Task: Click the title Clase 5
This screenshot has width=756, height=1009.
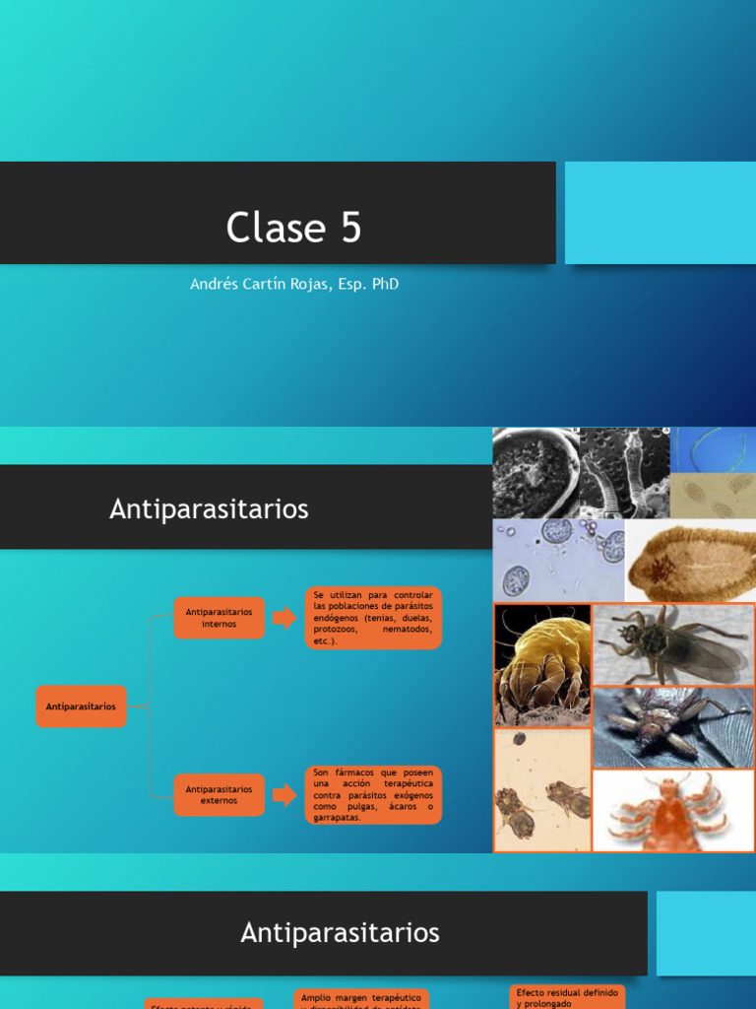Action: tap(293, 228)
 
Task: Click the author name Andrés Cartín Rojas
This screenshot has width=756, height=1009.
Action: tap(294, 284)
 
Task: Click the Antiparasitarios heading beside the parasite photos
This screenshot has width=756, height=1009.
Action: tap(209, 508)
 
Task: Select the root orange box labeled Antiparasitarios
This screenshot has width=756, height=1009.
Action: tap(81, 706)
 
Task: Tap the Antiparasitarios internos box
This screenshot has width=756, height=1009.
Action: tap(220, 618)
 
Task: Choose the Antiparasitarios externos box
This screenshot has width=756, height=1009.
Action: tap(220, 795)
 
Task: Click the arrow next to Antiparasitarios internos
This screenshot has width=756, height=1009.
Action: tap(284, 618)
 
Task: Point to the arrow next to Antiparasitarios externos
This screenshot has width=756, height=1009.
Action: tap(284, 795)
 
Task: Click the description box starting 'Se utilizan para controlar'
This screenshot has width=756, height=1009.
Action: tap(373, 618)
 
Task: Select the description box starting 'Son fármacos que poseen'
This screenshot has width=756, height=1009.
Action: tap(373, 795)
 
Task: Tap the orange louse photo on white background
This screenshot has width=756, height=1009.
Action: tap(673, 811)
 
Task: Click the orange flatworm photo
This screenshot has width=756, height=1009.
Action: tap(690, 561)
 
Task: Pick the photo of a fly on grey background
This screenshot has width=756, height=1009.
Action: tap(673, 644)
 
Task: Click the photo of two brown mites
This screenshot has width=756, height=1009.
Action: tap(542, 790)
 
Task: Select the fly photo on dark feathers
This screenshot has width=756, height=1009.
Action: tap(673, 727)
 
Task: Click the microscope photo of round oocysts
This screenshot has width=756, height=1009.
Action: tap(558, 561)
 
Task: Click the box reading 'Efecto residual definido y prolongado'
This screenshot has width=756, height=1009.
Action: tap(568, 997)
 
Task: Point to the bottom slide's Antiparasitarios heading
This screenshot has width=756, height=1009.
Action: tap(340, 932)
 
